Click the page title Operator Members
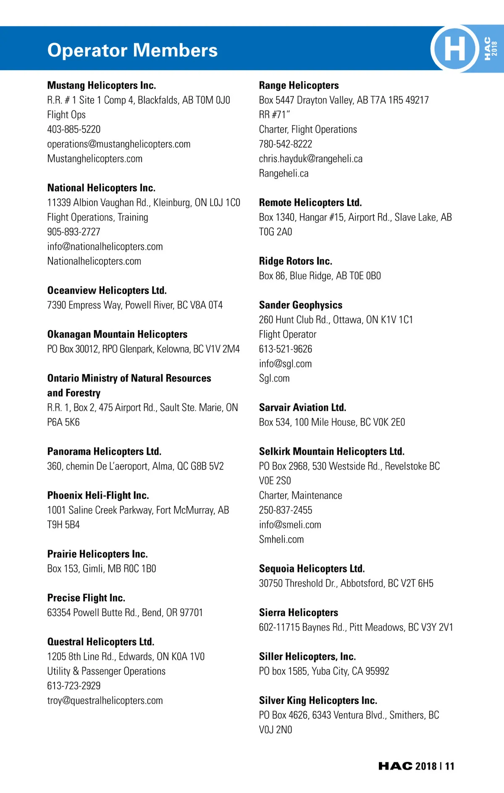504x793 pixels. coord(132,50)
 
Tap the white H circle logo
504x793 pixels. coord(454,49)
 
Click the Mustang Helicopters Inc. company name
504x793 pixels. coord(102,86)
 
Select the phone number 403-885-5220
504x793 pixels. coord(74,129)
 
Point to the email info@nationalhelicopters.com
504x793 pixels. coord(105,247)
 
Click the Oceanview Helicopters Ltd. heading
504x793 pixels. coord(107,291)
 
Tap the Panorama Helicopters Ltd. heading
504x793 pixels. coord(104,452)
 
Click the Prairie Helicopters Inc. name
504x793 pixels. coord(97,554)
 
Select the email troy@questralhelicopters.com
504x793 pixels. coord(105,701)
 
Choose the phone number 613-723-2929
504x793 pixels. coord(74,686)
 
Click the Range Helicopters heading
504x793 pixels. coord(299,86)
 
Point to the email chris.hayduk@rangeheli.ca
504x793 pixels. coord(311,159)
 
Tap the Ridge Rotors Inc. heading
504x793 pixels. coord(295,261)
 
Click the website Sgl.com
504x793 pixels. coord(274,378)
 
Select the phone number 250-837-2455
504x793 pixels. coord(286,510)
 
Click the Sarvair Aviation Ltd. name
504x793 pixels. coord(302,407)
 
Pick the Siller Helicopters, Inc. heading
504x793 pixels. coord(307,656)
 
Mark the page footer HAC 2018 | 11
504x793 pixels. coord(416,766)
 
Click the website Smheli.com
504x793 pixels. coord(281,539)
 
